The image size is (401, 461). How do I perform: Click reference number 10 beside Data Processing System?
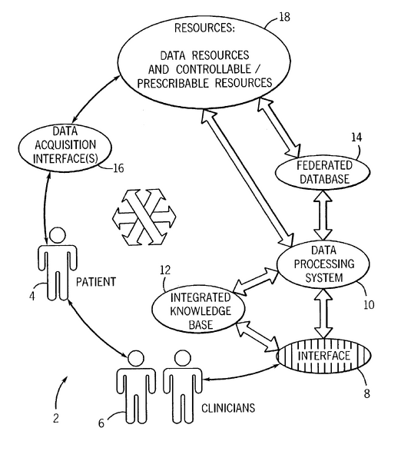coord(369,306)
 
